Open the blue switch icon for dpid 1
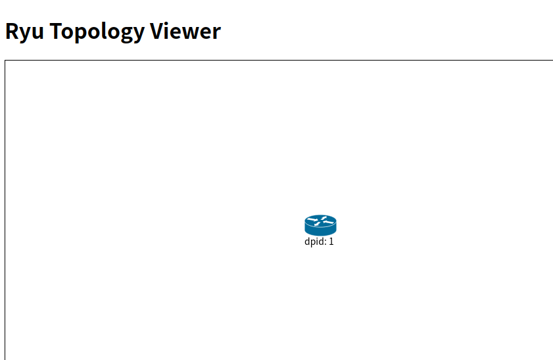(x=320, y=225)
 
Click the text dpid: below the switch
(x=315, y=242)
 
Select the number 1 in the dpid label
(x=331, y=242)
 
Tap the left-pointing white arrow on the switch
(x=313, y=222)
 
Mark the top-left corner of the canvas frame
(x=5, y=61)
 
